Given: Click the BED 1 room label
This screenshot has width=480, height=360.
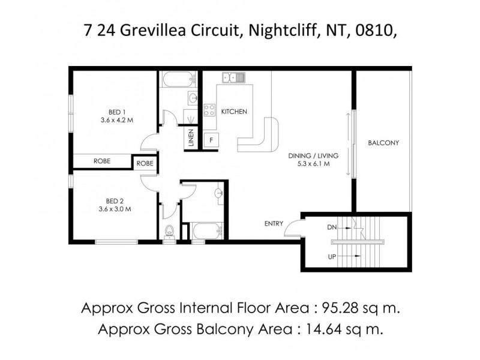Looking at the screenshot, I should coord(116,111).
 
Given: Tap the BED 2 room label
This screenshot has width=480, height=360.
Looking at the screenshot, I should coord(116,201).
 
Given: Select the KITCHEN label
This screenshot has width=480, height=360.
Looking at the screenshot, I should coord(234,112).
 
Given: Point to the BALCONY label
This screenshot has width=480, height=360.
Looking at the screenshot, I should coord(383,143).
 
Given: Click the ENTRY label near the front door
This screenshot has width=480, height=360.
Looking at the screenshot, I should coord(274,224).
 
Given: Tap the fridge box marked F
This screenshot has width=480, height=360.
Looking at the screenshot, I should coord(211,140).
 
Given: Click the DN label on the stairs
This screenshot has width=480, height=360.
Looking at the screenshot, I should coord(331,228).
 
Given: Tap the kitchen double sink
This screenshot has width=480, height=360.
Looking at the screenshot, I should coord(232,77).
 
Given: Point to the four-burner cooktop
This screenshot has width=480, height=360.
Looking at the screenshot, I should coord(210,110).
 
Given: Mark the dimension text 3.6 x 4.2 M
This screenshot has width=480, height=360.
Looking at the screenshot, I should coord(116,119).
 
